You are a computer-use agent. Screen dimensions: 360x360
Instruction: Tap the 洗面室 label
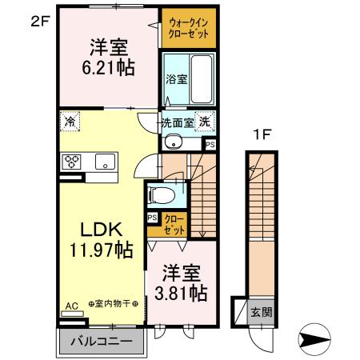(178, 124)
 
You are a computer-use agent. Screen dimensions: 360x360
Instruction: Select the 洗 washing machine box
(206, 123)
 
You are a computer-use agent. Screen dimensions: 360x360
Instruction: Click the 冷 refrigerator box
(70, 123)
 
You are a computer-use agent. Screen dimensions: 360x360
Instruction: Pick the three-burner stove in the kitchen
(72, 161)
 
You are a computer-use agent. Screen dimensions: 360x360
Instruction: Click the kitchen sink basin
(106, 162)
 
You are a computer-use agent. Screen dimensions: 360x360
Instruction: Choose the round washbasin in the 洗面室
(173, 143)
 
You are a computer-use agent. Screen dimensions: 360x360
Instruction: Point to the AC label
(71, 305)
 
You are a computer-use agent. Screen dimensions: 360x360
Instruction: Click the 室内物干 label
(112, 303)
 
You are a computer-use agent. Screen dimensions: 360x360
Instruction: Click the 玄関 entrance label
(254, 311)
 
